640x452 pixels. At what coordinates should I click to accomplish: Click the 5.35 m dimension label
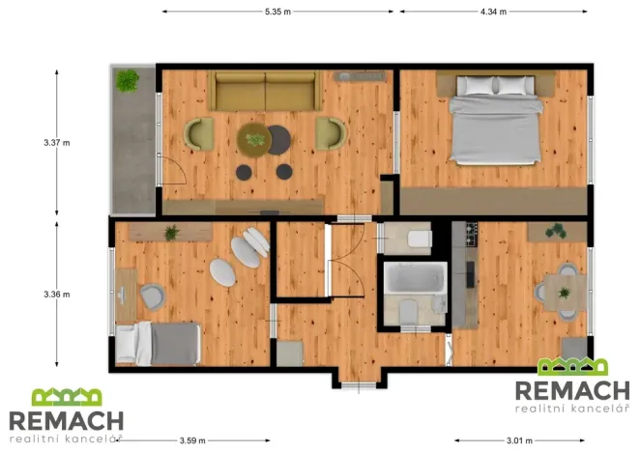point(277,12)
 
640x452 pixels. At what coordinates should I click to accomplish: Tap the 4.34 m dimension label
point(493,12)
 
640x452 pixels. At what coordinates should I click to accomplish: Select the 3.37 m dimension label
point(57,143)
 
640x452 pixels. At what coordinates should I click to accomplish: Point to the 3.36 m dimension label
point(57,295)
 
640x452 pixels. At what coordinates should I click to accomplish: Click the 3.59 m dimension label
point(192,440)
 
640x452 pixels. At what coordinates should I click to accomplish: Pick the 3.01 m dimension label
point(519,440)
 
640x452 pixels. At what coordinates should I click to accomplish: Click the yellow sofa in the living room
point(265,91)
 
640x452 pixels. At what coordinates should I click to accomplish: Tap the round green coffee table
point(254,140)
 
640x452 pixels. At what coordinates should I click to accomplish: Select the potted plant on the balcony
point(128,80)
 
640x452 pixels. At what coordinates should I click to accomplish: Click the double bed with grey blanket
point(496,121)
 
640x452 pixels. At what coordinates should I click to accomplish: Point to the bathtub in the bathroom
point(415,277)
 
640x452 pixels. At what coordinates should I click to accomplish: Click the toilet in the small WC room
point(420,239)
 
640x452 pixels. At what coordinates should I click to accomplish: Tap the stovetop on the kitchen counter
point(472,234)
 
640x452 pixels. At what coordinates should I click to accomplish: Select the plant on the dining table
point(565,293)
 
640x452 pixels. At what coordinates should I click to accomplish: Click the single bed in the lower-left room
point(159,344)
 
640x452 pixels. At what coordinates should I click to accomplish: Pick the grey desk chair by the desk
point(152,297)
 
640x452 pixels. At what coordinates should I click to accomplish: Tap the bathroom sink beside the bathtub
point(440,304)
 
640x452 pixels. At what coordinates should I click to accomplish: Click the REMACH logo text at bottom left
point(66,421)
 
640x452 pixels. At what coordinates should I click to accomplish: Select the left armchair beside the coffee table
point(199,134)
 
